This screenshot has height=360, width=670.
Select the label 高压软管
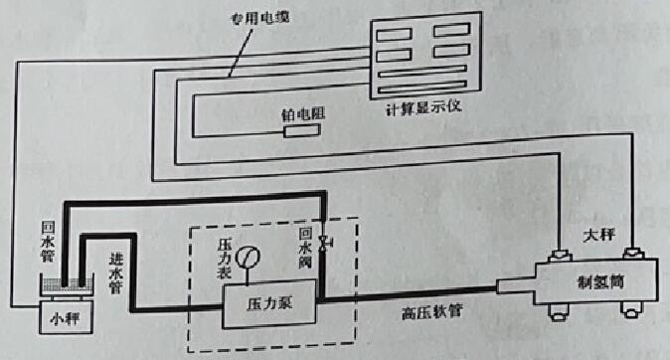[434, 314]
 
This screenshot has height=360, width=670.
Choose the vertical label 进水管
[115, 270]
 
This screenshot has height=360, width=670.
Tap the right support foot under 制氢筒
[629, 312]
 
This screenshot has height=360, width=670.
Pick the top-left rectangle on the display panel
[391, 33]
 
